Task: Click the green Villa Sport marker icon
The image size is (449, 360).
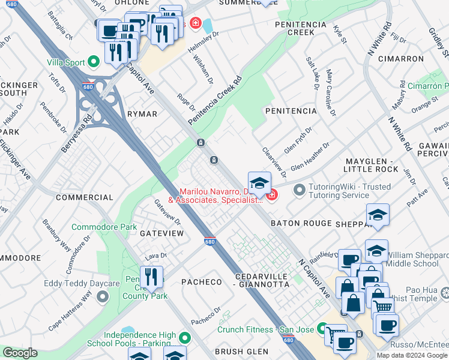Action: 94,61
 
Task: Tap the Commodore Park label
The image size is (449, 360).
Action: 96,227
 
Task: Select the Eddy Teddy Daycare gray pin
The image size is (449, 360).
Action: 103,296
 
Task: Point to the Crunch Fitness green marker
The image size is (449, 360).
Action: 322,329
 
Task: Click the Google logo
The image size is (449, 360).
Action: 20,353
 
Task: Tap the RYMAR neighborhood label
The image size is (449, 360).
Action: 142,114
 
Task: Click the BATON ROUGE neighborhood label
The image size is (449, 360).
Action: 301,223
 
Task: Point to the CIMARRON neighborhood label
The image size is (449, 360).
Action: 401,59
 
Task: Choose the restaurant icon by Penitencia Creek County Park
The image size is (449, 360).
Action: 151,277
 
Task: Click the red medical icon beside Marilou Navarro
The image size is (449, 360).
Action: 271,194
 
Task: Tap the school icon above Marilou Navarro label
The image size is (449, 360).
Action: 259,183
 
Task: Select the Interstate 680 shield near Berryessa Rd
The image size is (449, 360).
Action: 87,86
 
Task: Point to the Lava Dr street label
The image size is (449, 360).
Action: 155,256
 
